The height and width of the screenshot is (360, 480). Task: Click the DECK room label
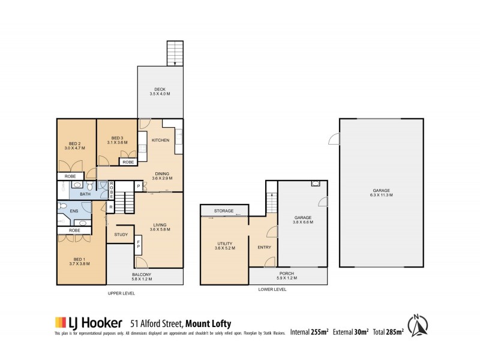[160, 92]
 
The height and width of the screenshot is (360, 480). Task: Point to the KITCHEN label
[160, 140]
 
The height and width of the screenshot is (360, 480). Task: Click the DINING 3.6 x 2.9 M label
[162, 176]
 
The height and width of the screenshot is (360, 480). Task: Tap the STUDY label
[121, 235]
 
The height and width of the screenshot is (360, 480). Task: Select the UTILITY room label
[224, 245]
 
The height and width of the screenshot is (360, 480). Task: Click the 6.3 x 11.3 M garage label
[381, 193]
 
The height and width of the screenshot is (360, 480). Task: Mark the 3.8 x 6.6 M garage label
[303, 220]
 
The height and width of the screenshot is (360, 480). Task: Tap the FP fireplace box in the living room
[139, 245]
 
